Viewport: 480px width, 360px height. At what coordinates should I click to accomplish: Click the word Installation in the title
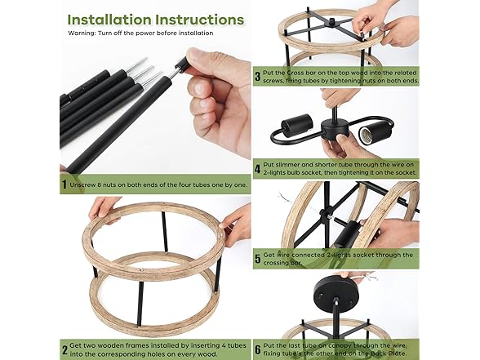pos(109,20)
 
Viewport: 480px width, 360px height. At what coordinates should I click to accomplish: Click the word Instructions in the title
pos(200,20)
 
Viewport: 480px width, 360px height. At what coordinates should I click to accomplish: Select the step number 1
pos(64,184)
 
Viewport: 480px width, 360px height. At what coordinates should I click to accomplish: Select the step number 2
pos(64,350)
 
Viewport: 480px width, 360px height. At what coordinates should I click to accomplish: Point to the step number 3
pos(258,77)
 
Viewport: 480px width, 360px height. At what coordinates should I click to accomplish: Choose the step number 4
pos(258,169)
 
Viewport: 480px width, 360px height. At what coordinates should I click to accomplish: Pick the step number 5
pos(258,259)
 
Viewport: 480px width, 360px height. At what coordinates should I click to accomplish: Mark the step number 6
pos(258,349)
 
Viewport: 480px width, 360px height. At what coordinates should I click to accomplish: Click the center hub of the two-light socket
pos(335,128)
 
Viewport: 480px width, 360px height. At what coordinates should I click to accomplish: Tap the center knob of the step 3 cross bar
pos(331,22)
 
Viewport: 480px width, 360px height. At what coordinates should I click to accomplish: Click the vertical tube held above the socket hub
pos(336,112)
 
